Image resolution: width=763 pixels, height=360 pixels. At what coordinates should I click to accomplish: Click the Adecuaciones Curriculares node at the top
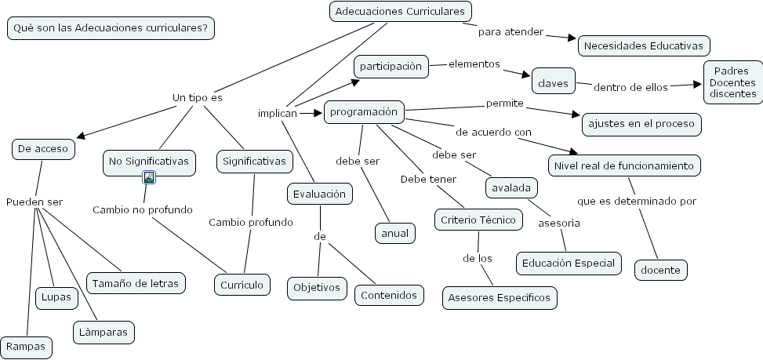point(400,11)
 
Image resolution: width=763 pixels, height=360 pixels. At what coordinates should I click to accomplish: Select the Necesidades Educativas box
point(644,46)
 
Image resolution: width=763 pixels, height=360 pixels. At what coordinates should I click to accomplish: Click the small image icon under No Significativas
point(149,177)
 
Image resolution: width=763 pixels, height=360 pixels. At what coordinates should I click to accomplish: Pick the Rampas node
point(27,346)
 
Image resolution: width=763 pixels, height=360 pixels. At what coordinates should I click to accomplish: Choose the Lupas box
point(56,297)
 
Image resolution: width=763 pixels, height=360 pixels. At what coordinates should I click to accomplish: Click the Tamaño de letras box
point(136,282)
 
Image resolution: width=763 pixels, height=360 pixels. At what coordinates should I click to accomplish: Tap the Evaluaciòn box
point(318,193)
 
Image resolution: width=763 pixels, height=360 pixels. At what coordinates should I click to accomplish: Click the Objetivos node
point(317,288)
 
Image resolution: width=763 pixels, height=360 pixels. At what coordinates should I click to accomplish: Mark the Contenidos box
point(390,295)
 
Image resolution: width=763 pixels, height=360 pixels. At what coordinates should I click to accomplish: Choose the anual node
point(395,233)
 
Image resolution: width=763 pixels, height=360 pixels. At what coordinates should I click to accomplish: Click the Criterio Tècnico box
point(478,220)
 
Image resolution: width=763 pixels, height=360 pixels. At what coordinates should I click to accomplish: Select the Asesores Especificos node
point(500,298)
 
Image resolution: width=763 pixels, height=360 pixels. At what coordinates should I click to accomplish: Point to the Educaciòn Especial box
point(569,263)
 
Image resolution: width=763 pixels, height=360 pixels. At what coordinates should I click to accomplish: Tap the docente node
point(661,270)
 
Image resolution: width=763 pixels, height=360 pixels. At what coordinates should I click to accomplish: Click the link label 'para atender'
point(510,32)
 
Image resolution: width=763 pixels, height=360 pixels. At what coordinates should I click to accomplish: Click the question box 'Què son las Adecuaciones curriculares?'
point(111,28)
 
